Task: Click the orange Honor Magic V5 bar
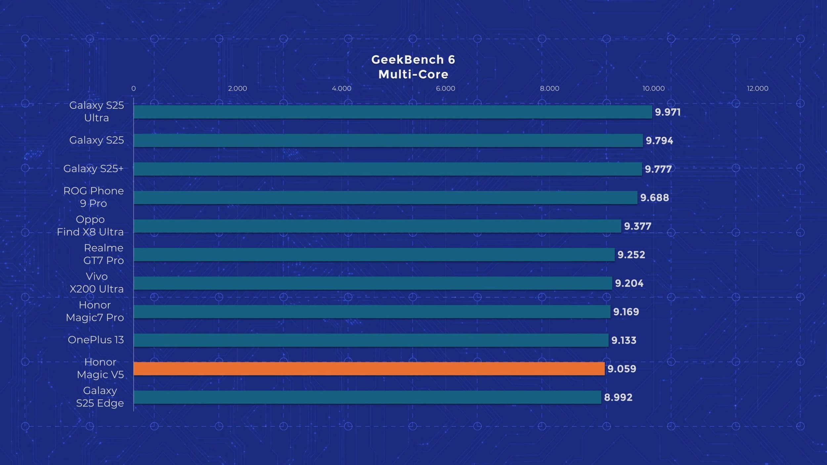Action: pos(369,368)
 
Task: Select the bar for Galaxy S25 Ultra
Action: pos(393,112)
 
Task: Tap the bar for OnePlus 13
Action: pos(371,340)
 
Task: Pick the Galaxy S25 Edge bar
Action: pos(367,397)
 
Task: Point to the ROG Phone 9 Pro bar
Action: pos(385,197)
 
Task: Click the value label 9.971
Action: pos(668,112)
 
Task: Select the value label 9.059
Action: pos(622,369)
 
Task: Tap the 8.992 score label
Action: pos(618,397)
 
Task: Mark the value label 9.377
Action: pos(637,226)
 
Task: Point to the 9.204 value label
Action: pos(629,283)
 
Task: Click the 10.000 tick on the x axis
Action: pos(653,88)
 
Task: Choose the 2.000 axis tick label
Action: pos(237,88)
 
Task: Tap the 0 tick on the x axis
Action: pos(133,88)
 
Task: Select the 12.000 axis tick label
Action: pos(757,88)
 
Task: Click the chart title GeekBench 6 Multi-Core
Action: pos(413,67)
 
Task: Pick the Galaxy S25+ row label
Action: pos(93,169)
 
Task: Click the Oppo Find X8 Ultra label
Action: pos(90,226)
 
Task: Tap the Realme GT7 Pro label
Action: pos(103,254)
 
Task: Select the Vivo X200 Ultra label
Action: pos(96,282)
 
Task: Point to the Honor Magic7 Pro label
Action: pos(95,311)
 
